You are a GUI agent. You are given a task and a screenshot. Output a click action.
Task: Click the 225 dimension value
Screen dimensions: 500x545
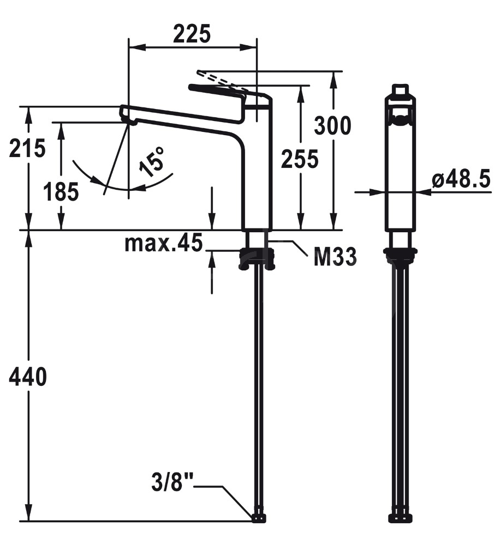(192, 34)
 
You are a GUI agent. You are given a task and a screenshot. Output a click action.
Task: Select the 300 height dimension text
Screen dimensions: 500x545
(332, 125)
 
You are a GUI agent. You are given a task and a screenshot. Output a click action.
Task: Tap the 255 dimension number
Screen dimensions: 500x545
(300, 159)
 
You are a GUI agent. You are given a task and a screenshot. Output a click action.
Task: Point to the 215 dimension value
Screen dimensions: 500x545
(27, 148)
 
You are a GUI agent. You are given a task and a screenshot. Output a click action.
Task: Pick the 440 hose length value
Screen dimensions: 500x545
(27, 377)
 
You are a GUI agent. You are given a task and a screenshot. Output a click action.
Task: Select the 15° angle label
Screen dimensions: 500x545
(151, 162)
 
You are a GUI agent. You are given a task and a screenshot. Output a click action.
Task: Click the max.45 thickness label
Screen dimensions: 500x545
(163, 243)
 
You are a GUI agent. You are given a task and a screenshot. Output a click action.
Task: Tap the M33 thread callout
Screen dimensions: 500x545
(335, 257)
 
